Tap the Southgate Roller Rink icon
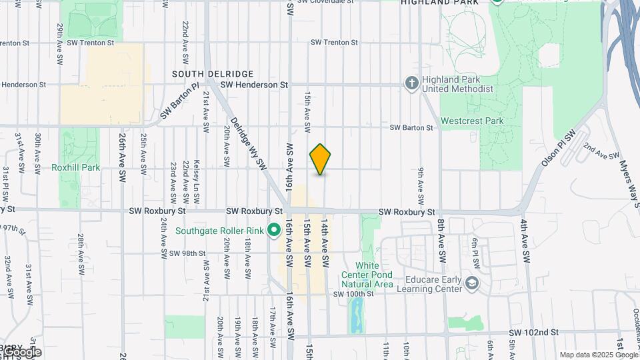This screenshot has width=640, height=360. coord(273,231)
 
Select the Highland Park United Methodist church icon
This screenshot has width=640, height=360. coord(412,83)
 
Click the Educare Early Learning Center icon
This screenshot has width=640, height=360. coord(472,283)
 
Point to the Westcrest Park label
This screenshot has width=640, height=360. coord(472,121)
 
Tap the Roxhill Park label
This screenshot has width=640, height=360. coord(75,167)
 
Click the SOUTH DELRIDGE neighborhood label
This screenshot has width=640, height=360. coord(213,73)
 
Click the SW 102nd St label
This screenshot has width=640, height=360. coord(533,332)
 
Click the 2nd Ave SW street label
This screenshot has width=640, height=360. coord(602,151)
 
